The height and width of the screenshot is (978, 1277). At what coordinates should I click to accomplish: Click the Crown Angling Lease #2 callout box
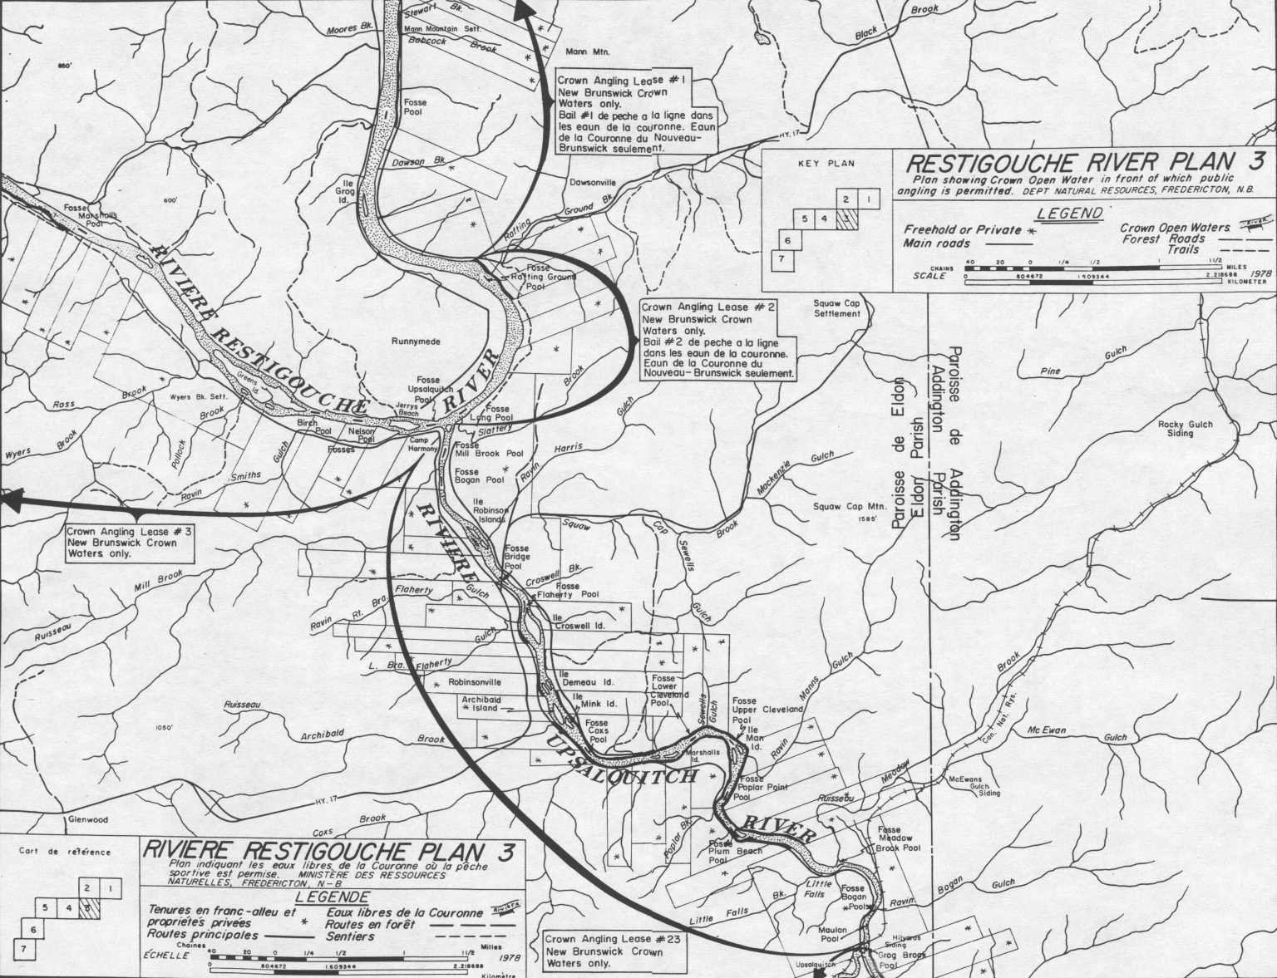pos(717,340)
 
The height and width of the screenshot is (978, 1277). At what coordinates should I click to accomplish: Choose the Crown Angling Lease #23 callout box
pos(614,951)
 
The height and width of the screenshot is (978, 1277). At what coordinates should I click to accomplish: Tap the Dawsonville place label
pos(593,182)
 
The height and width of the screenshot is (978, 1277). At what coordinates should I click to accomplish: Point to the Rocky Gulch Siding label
pos(1186,429)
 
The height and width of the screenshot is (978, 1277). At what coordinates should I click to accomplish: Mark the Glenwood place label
pos(87,819)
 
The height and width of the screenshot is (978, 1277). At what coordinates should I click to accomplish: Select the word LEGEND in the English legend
pos(1069,214)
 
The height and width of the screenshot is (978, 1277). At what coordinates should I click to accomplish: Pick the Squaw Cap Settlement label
pos(837,308)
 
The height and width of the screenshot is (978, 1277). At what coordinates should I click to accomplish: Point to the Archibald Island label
pos(481,704)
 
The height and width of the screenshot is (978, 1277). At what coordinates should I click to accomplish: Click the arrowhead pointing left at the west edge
pos(10,499)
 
